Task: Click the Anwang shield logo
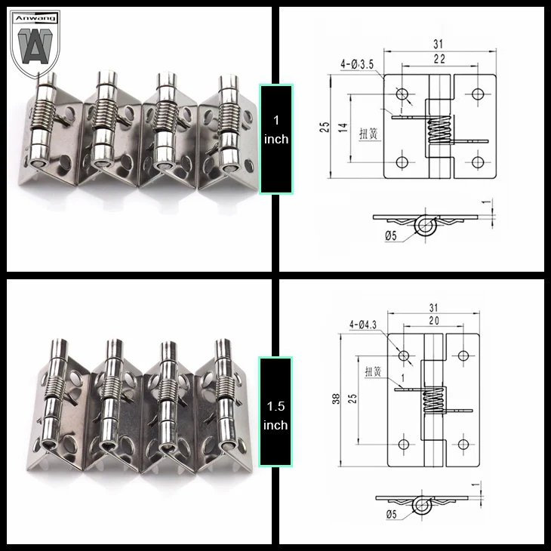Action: pos(35,43)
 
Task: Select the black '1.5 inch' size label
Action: pos(275,411)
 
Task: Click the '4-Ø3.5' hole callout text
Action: pos(357,64)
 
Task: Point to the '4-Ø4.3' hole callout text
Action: pos(362,325)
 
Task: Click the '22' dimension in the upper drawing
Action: pos(439,59)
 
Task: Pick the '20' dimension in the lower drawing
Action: pos(434,321)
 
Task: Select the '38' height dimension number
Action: pos(337,399)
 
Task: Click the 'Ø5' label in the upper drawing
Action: pos(391,235)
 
